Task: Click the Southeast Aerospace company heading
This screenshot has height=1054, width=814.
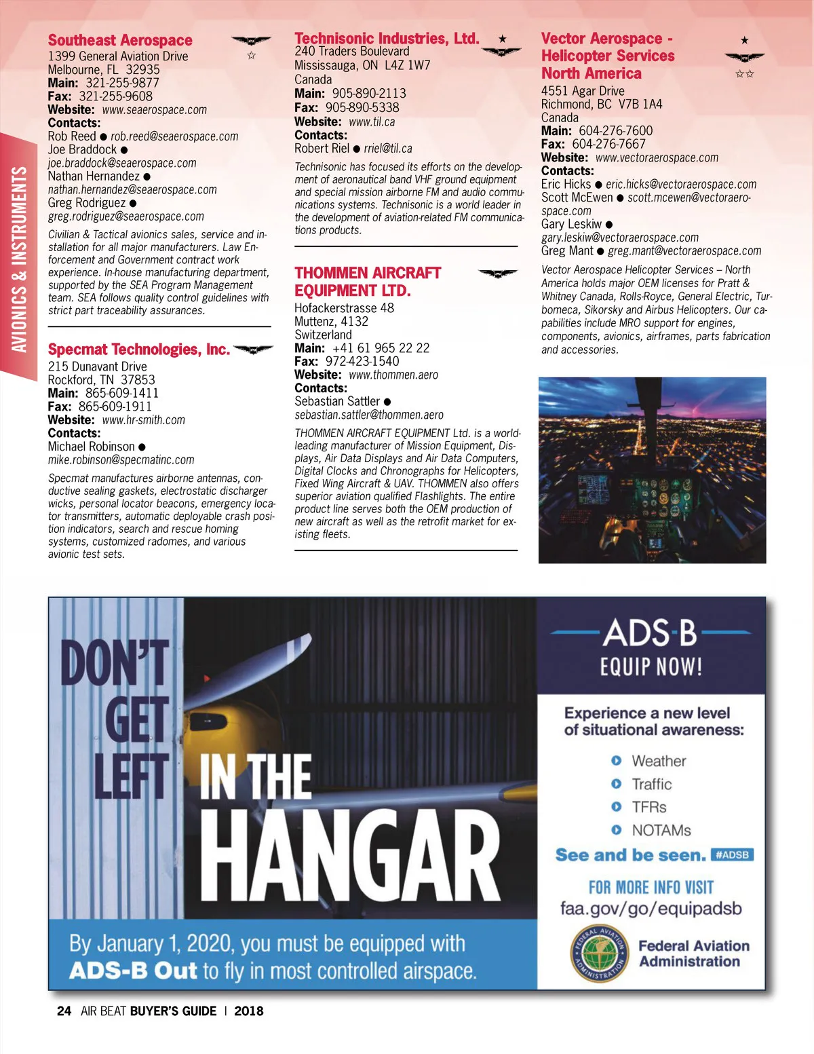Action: (x=120, y=41)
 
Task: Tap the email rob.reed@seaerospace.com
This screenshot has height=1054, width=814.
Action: (x=174, y=136)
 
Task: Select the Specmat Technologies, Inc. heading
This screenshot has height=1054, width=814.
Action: (x=138, y=350)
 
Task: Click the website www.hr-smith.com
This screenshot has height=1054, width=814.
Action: (x=143, y=420)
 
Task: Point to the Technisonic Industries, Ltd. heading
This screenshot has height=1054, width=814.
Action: (x=387, y=39)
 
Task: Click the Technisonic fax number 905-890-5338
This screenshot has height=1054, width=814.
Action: (x=362, y=108)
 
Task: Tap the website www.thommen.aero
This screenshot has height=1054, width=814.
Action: (x=393, y=375)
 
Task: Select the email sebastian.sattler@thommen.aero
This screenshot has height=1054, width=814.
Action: (x=369, y=415)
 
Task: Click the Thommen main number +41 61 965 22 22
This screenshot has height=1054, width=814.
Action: (x=381, y=348)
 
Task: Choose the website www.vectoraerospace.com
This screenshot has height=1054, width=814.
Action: (x=657, y=157)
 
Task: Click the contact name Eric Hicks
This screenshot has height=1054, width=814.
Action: (x=566, y=184)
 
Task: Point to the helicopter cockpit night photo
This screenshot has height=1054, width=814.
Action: (x=652, y=470)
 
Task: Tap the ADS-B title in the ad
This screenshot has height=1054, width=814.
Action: (x=650, y=633)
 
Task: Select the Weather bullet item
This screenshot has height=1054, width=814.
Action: (x=659, y=761)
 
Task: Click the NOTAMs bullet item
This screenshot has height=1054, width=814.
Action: (x=661, y=831)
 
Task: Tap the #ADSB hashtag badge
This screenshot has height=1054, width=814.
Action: (x=732, y=855)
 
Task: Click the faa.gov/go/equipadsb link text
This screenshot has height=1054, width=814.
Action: (x=651, y=909)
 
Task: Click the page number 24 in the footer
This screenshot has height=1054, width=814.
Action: (x=64, y=1011)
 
